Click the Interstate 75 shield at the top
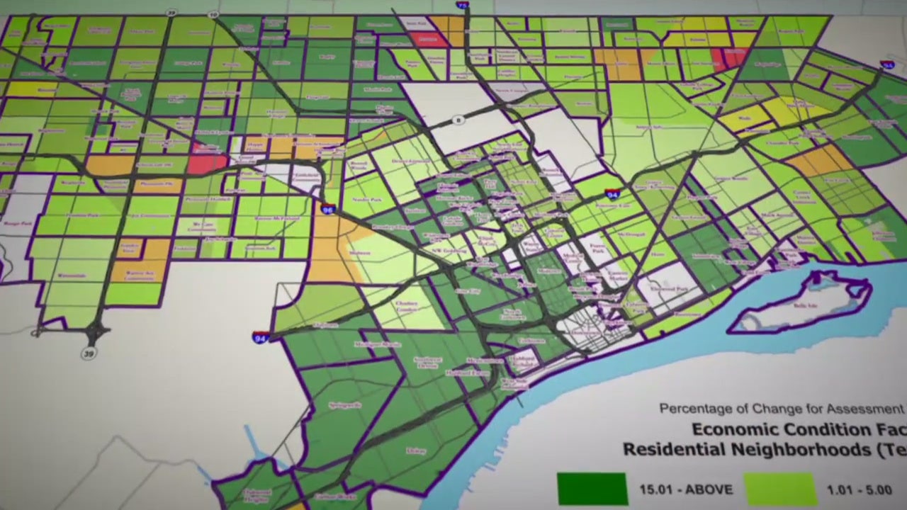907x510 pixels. (x=462, y=6)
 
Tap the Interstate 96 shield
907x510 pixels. (x=327, y=209)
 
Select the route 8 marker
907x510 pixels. (x=458, y=120)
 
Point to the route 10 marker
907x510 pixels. (x=214, y=15)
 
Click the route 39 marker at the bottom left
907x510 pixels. (x=89, y=353)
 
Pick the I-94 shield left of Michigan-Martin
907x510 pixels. (x=260, y=337)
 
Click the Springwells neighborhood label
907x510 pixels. (x=345, y=405)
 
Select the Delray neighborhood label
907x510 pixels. (x=417, y=450)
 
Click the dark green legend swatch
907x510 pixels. (x=592, y=489)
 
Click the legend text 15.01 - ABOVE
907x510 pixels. (x=686, y=489)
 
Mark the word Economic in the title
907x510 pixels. (x=740, y=429)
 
